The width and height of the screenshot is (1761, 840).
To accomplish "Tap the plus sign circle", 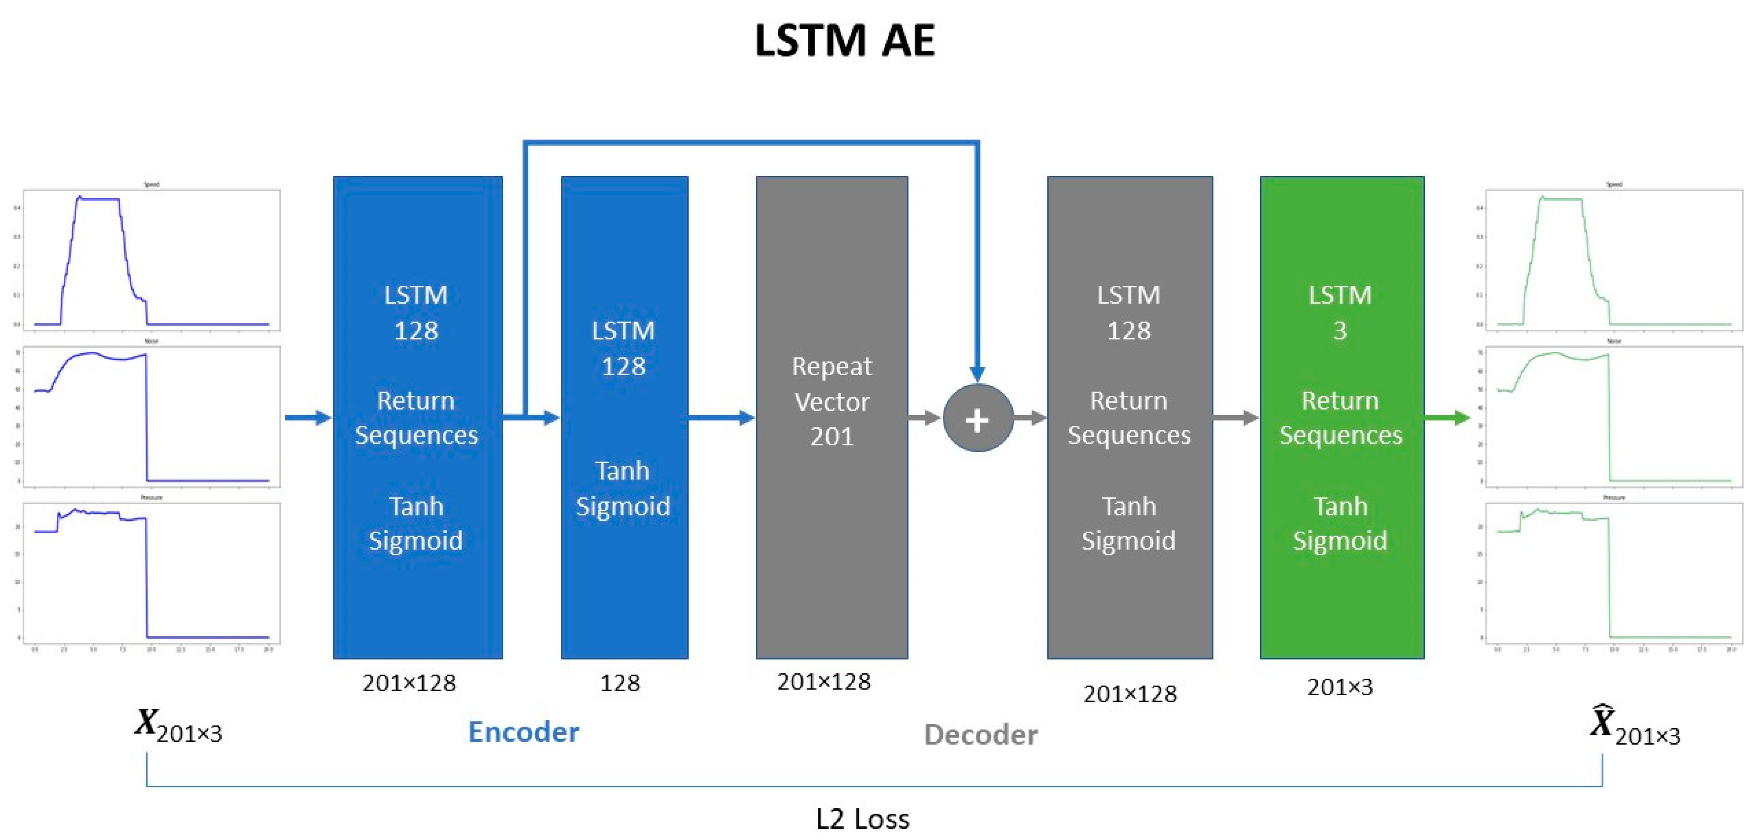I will [977, 418].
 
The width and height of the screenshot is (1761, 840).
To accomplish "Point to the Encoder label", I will [523, 732].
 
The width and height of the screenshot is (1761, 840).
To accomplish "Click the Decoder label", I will [980, 735].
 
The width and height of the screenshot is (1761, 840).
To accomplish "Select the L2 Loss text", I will [863, 819].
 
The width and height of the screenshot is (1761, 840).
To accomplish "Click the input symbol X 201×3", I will [178, 726].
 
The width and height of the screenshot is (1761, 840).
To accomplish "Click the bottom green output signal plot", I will [1614, 573].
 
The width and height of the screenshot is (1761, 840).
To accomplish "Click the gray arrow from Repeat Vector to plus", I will [924, 418].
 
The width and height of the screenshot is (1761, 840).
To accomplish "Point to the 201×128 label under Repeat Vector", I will [824, 682].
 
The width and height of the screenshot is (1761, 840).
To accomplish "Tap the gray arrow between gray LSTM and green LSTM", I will [1236, 418].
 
